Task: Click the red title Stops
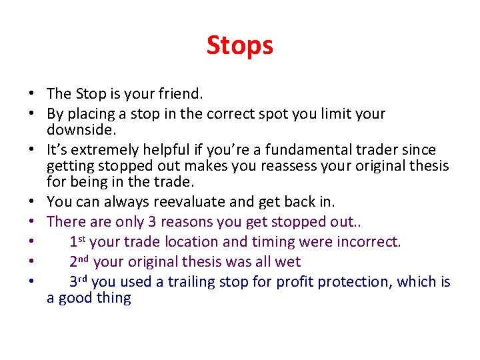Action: [x=239, y=45]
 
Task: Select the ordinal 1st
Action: [x=77, y=241]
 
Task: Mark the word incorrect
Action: [x=371, y=241]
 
